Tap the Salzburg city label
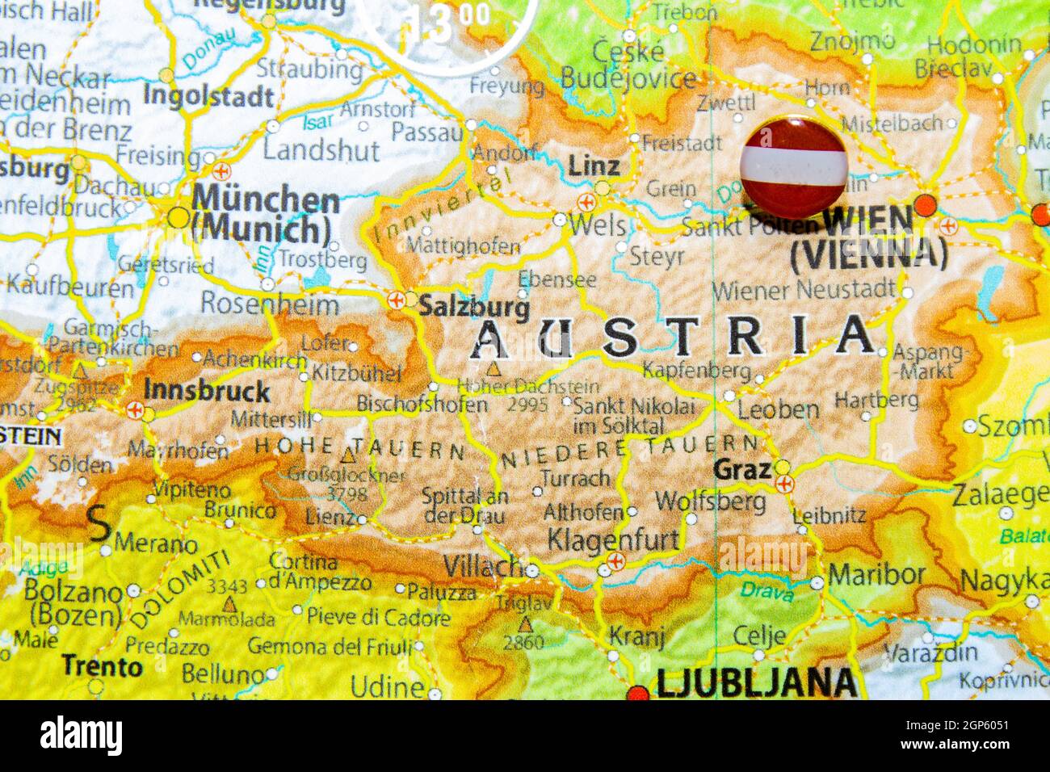pyautogui.click(x=474, y=307)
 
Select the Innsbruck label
pyautogui.click(x=207, y=391)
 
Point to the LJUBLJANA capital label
pyautogui.click(x=756, y=683)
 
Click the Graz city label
pyautogui.click(x=742, y=468)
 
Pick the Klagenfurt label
pyautogui.click(x=613, y=539)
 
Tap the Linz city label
pyautogui.click(x=594, y=166)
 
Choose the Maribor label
pyautogui.click(x=876, y=575)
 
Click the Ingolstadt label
pyautogui.click(x=208, y=97)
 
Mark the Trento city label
pyautogui.click(x=102, y=666)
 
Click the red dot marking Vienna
pyautogui.click(x=925, y=204)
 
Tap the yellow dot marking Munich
pyautogui.click(x=178, y=217)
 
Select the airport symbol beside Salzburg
pyautogui.click(x=396, y=300)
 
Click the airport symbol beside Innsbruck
pyautogui.click(x=135, y=410)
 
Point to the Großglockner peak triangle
pyautogui.click(x=348, y=456)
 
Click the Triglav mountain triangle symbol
pyautogui.click(x=526, y=624)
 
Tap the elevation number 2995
pyautogui.click(x=527, y=405)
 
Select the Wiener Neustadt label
pyautogui.click(x=803, y=289)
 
